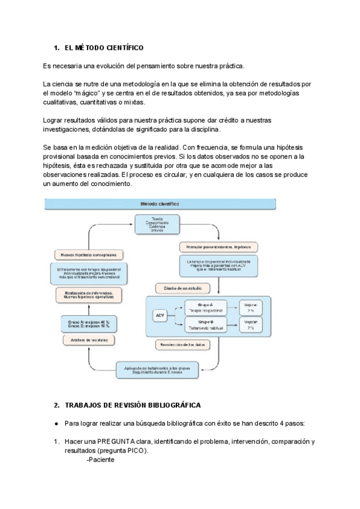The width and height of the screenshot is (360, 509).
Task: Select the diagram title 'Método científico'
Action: (159, 204)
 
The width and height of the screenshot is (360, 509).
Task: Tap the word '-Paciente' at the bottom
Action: (100, 460)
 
